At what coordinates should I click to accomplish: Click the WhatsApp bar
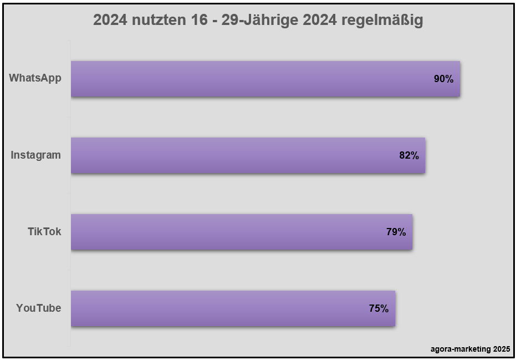(x=265, y=79)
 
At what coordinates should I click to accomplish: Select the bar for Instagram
(x=248, y=155)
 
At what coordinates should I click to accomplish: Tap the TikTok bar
(x=241, y=232)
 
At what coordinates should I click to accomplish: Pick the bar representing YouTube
(x=233, y=308)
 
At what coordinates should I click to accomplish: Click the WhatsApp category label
(x=35, y=78)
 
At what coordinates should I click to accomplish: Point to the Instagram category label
(x=36, y=155)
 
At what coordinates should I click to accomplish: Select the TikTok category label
(x=44, y=231)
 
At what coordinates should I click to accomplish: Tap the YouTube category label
(x=38, y=308)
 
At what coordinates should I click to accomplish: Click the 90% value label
(x=443, y=79)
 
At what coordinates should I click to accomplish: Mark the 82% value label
(x=408, y=155)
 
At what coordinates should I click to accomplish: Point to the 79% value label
(x=396, y=232)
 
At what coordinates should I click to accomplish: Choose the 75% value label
(x=379, y=308)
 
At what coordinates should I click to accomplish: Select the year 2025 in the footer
(x=500, y=349)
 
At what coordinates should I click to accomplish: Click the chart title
(x=258, y=21)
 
